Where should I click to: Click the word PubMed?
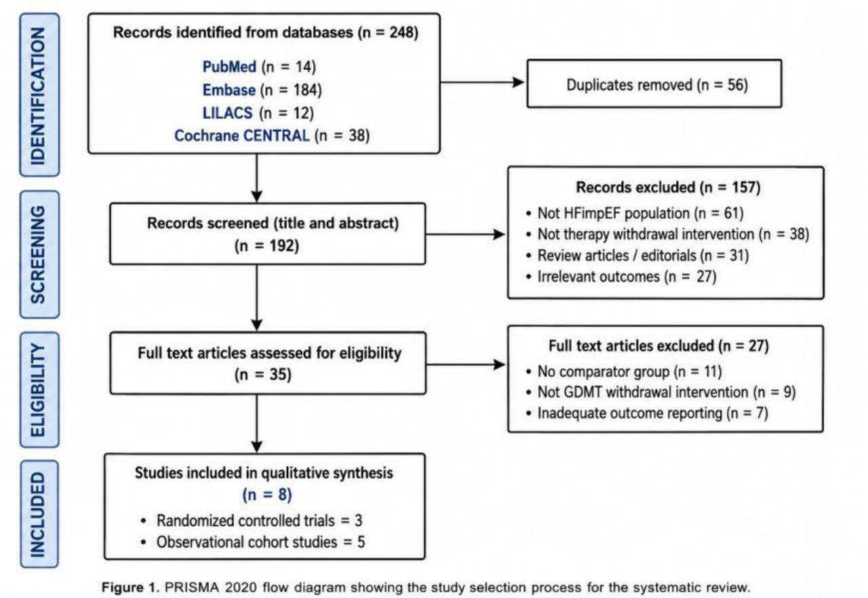tap(229, 66)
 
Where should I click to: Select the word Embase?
tap(229, 90)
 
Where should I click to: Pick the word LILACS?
tap(227, 113)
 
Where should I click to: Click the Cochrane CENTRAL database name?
tap(242, 136)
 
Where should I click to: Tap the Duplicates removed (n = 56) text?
tap(657, 85)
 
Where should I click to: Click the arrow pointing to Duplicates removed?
tap(482, 82)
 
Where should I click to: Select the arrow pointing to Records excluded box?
tap(465, 235)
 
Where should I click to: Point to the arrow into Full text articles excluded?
tap(466, 365)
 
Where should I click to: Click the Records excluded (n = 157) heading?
tap(668, 187)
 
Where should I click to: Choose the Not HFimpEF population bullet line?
tap(635, 214)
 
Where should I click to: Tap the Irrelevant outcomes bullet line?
tap(621, 277)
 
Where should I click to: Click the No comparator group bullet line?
tap(624, 372)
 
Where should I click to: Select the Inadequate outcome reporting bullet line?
tap(647, 414)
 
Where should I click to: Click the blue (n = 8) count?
tap(267, 494)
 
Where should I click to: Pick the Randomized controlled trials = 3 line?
tap(252, 521)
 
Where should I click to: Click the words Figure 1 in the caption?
tap(130, 587)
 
